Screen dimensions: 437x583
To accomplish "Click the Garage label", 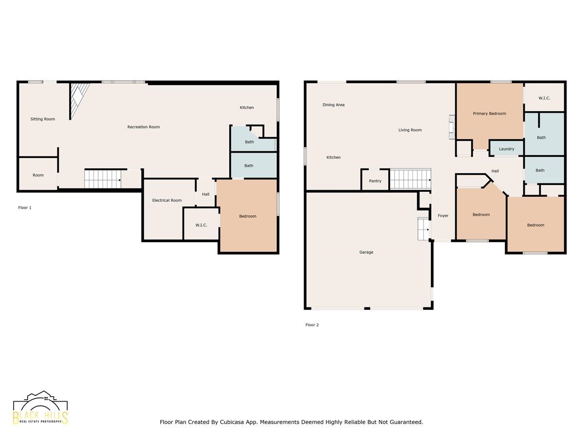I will (366, 252).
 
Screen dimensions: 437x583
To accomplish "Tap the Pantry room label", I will (375, 181).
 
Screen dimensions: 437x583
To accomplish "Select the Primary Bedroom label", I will (489, 114).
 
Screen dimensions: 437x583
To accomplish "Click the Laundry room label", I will (506, 149).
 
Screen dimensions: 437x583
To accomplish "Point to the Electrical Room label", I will (167, 201).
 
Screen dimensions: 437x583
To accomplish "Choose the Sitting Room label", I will (43, 119).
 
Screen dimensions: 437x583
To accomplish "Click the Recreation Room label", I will (143, 127).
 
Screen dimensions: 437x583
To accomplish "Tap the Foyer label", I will (443, 216).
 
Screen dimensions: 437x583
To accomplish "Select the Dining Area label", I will (333, 105).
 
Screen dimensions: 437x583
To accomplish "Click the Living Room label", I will (410, 130).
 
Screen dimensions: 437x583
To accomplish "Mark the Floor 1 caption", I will (25, 208).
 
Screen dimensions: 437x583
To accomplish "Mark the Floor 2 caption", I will (312, 325).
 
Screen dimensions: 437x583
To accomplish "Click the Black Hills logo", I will (40, 408).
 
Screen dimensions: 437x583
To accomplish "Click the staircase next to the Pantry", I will (411, 179).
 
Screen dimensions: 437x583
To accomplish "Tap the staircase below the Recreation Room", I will (103, 179).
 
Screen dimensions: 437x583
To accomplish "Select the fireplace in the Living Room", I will (452, 127).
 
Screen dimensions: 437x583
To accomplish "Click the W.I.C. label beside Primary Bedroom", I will (544, 98).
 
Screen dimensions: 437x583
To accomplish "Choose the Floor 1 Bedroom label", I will (248, 217).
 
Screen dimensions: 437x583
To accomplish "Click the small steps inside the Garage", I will (424, 229).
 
